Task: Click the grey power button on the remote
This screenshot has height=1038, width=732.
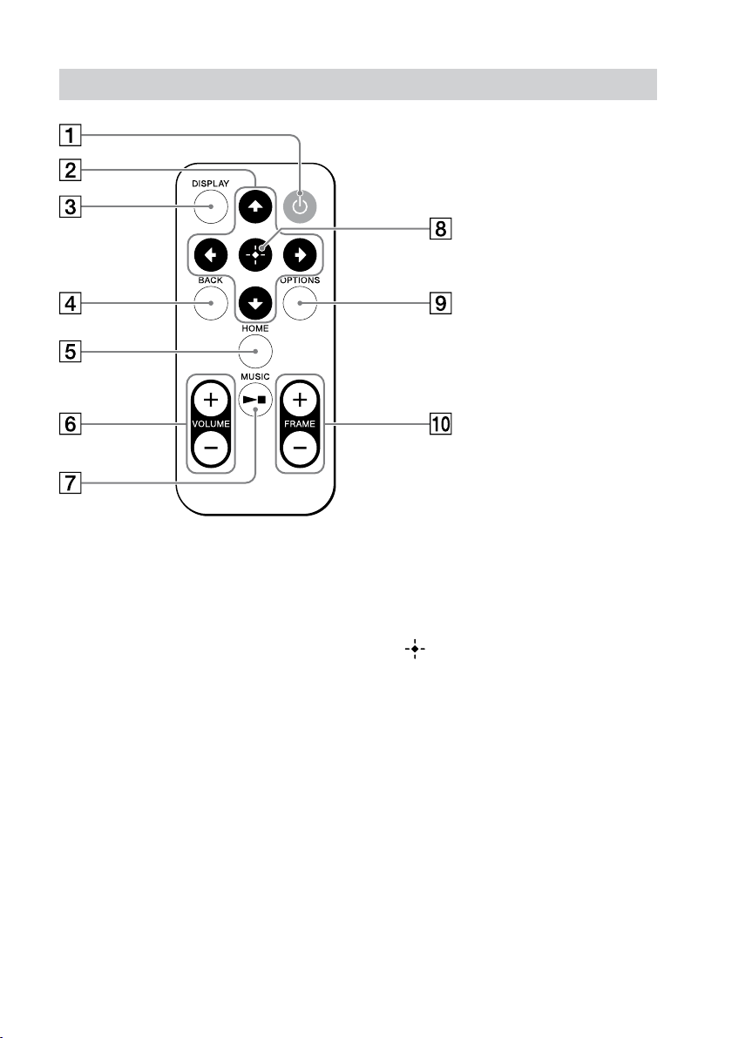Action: point(300,206)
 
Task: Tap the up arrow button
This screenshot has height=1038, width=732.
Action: point(255,206)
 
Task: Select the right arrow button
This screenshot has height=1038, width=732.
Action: point(300,255)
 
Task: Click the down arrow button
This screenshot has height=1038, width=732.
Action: point(255,303)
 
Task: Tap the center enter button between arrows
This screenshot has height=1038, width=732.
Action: point(255,255)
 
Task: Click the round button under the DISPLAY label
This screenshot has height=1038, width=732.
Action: point(211,206)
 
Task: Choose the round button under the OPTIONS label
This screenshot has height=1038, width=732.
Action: point(300,303)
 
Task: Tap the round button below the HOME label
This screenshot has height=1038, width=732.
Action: point(255,352)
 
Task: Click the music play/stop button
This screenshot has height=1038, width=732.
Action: point(255,400)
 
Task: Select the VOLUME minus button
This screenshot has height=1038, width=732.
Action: point(211,448)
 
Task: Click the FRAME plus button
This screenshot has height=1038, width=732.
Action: point(300,400)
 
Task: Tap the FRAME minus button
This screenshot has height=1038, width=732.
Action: point(300,448)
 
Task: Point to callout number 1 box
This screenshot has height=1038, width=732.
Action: point(71,135)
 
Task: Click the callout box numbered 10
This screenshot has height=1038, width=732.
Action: point(441,424)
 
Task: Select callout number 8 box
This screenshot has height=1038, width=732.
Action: point(441,229)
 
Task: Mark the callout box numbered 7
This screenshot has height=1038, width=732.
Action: point(71,483)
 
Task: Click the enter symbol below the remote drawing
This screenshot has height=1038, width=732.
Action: point(416,650)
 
